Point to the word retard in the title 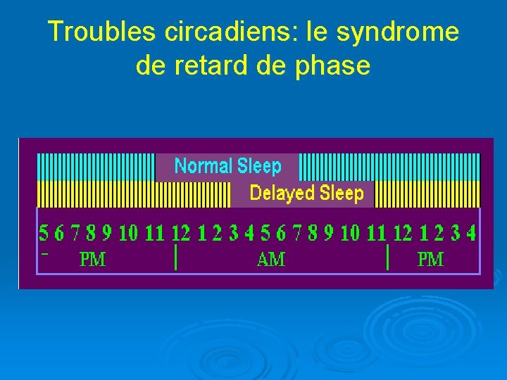pos(212,65)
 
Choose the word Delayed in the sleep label pos(282,193)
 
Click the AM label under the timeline pos(271,260)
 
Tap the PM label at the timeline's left pos(92,260)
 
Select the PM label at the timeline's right pos(430,260)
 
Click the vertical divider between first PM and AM pos(175,258)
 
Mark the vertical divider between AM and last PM pos(388,258)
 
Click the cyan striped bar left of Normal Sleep pos(95,167)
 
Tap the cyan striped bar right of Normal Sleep pos(389,167)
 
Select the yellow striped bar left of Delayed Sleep pos(133,194)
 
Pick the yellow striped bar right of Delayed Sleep pos(427,194)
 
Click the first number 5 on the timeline pos(44,232)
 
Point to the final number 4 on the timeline pos(470,232)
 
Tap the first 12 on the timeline pos(181,232)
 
